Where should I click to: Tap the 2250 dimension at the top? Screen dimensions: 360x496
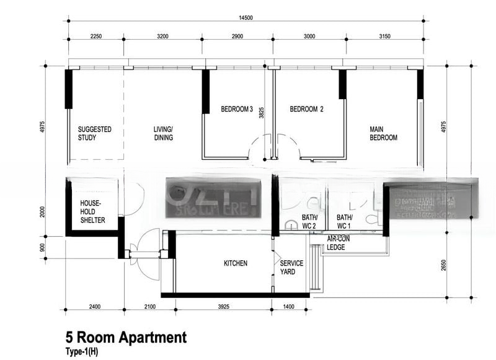[95, 36]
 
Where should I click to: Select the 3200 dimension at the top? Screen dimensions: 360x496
[162, 36]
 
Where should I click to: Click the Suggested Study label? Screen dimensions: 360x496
[94, 133]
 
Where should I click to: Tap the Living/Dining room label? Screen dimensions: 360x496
[164, 133]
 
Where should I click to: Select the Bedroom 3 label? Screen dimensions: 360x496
[236, 110]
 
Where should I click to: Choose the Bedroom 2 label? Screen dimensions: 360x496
[307, 110]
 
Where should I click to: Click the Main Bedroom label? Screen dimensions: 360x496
[383, 133]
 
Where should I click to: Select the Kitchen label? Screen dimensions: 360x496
[236, 263]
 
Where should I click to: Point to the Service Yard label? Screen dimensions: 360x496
[291, 267]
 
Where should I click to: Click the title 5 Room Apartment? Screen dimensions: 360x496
[126, 338]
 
